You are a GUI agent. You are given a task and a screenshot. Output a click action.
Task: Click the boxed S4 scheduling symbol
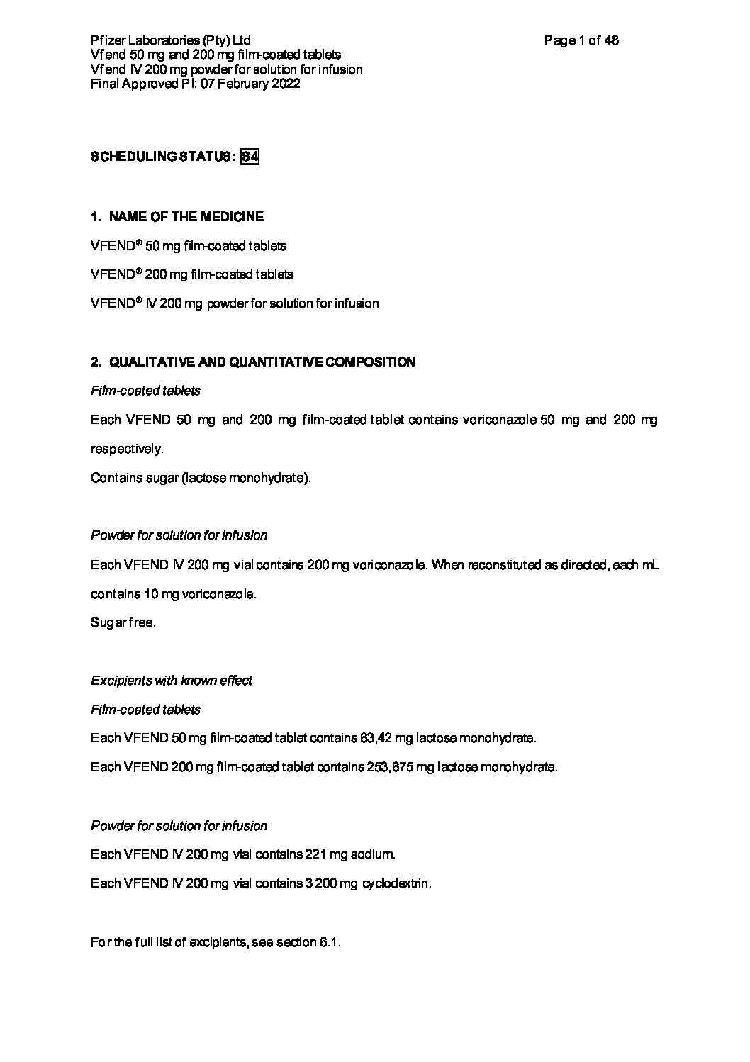250,157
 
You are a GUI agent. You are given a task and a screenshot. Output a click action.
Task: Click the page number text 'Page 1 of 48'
581,40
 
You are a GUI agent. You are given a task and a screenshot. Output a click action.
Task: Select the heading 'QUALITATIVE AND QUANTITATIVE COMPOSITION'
262,362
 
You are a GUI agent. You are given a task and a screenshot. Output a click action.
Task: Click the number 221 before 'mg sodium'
314,854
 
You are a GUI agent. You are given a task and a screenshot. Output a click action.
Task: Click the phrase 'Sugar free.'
123,623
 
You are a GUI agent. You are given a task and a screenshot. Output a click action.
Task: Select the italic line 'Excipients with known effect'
172,681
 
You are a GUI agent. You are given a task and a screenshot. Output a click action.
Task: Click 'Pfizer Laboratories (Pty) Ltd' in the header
170,40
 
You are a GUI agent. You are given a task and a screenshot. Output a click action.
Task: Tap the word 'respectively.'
127,449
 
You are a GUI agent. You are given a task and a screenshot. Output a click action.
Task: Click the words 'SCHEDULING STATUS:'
162,157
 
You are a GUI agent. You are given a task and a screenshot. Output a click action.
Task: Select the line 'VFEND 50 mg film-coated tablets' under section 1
189,246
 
